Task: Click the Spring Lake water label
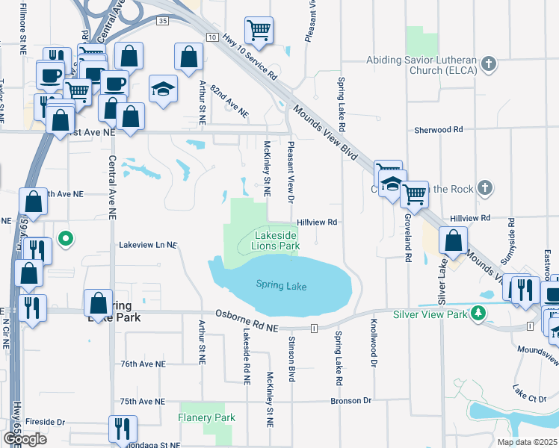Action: pyautogui.click(x=281, y=285)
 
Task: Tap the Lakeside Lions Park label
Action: pyautogui.click(x=275, y=240)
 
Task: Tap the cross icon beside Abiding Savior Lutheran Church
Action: pyautogui.click(x=489, y=63)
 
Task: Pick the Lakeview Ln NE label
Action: pyautogui.click(x=147, y=245)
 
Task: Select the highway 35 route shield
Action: pyautogui.click(x=163, y=22)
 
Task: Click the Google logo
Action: pyautogui.click(x=25, y=439)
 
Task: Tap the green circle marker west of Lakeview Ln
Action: pyautogui.click(x=66, y=240)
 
